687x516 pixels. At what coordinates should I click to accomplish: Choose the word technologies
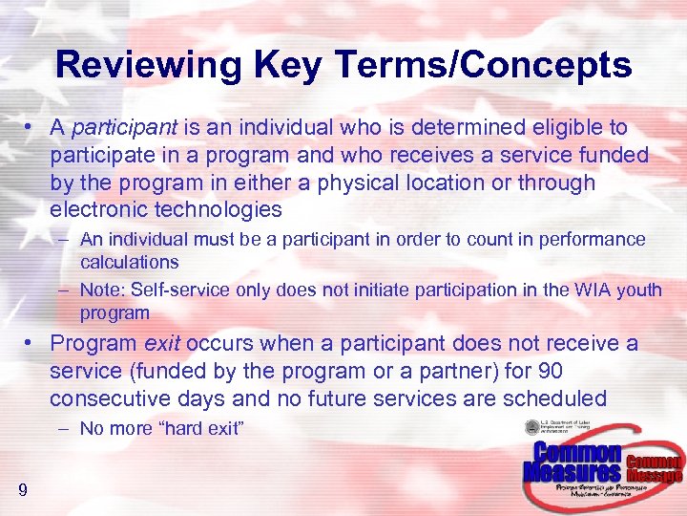221,209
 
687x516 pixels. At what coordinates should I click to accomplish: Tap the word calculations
130,262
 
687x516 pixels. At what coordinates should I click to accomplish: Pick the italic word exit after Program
163,343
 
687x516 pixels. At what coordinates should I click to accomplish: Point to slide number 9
22,491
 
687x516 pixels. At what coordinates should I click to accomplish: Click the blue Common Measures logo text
572,462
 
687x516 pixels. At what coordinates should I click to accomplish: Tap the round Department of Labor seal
532,428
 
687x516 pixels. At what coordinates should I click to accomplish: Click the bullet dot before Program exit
32,344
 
